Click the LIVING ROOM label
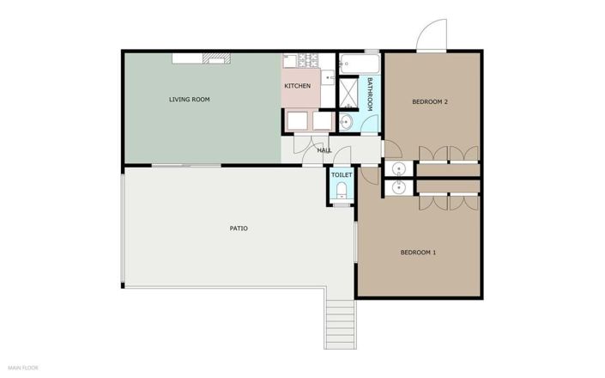(x=189, y=100)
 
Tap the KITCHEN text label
(x=298, y=86)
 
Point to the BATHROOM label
(x=370, y=94)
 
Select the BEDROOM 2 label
(x=430, y=102)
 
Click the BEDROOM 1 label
(x=418, y=253)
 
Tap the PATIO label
(x=239, y=229)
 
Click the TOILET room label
(x=342, y=175)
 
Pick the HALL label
(x=324, y=150)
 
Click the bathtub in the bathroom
(x=360, y=64)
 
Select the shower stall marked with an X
(x=348, y=93)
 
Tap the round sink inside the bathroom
(x=346, y=123)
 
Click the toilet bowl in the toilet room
(x=342, y=191)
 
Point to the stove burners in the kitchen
(x=309, y=60)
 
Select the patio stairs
(x=340, y=325)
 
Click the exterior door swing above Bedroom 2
(x=432, y=34)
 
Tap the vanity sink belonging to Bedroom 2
(x=398, y=168)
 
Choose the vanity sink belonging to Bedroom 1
(x=398, y=187)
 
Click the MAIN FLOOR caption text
(x=23, y=368)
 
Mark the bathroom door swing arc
(x=368, y=123)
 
